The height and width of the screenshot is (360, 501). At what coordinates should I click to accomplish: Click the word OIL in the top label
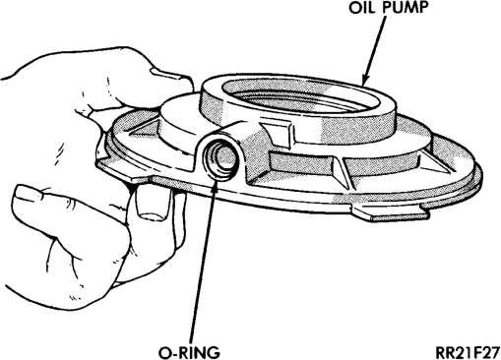tap(362, 8)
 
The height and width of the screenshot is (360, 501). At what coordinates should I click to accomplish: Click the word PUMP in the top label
tap(407, 8)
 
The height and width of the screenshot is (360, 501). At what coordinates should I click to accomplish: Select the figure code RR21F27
tap(468, 352)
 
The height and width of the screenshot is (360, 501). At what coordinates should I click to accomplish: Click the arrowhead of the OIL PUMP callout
tap(366, 79)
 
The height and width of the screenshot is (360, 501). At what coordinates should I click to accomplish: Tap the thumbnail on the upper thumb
tap(167, 74)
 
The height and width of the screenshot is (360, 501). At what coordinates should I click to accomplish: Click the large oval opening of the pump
tap(301, 95)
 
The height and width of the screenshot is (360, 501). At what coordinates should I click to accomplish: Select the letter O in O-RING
tap(165, 352)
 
